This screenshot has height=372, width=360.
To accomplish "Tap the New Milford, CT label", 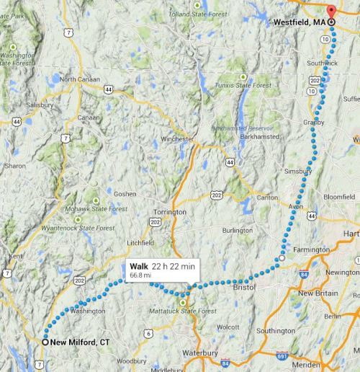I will point(79,342).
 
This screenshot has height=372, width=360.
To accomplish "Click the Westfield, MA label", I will point(300,22).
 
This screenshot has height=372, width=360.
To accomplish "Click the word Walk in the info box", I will point(138,265).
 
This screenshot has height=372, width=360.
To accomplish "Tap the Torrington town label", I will point(169,212).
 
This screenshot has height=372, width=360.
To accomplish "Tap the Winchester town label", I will point(177,138).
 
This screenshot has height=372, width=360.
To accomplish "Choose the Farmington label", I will point(311,250).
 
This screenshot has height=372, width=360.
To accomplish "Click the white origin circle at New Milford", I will point(45,342).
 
